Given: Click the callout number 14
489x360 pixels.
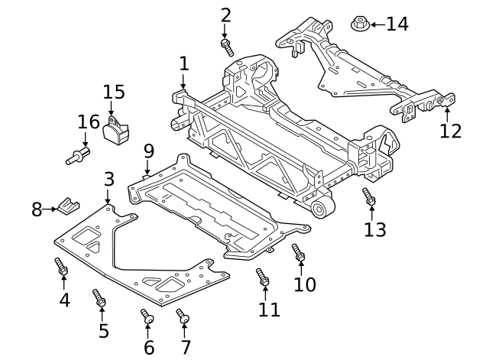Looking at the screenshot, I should point(397,24).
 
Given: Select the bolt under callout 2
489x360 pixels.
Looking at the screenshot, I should point(227,47).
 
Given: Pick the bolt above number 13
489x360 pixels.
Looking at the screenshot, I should point(368,196).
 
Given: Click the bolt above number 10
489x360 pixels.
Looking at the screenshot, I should point(298,252).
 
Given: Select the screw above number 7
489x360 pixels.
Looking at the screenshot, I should point(183,316).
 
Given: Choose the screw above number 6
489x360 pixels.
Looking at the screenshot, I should point(147,316).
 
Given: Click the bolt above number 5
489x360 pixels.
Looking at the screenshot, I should point(99,297).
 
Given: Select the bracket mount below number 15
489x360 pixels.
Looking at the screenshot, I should point(116,134).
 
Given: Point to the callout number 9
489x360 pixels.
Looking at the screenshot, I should point(148,151).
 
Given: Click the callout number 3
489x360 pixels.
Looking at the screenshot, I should point(108,180).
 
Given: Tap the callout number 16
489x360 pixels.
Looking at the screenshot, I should point(89,122).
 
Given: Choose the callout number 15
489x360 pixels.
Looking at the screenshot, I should point(113,92).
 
